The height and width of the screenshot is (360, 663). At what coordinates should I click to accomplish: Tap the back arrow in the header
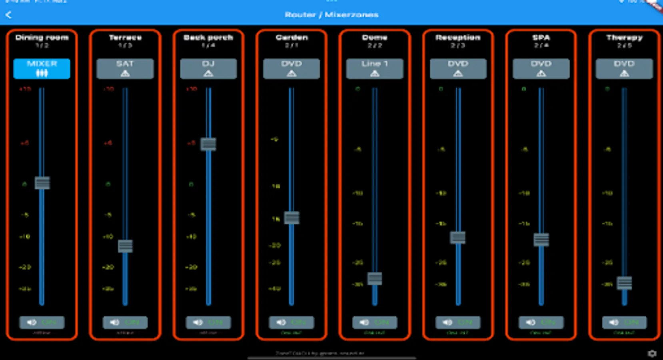pyautogui.click(x=8, y=15)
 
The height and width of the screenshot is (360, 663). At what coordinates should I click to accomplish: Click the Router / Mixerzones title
pyautogui.click(x=331, y=15)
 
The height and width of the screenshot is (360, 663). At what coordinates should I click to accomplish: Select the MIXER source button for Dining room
pyautogui.click(x=42, y=68)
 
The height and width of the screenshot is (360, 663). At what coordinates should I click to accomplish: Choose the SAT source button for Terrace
pyautogui.click(x=125, y=68)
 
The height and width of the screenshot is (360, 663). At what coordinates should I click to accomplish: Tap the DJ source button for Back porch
pyautogui.click(x=208, y=68)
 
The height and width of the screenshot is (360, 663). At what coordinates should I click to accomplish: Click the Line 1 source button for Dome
pyautogui.click(x=375, y=68)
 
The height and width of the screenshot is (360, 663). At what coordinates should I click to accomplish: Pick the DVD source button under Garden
pyautogui.click(x=292, y=68)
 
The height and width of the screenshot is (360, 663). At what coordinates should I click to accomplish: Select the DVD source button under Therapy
pyautogui.click(x=624, y=68)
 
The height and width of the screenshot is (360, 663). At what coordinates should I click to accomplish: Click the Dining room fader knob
pyautogui.click(x=42, y=183)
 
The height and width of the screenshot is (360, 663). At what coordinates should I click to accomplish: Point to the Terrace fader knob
pyautogui.click(x=125, y=246)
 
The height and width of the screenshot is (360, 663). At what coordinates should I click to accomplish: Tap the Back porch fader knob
pyautogui.click(x=208, y=144)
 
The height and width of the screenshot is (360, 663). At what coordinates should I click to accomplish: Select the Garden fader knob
pyautogui.click(x=292, y=218)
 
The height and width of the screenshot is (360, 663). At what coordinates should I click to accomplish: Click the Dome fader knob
pyautogui.click(x=375, y=278)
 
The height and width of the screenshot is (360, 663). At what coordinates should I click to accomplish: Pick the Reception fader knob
pyautogui.click(x=458, y=238)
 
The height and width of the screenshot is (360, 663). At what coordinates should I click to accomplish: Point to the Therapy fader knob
pyautogui.click(x=624, y=283)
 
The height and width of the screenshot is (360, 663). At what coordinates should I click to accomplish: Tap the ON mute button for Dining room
pyautogui.click(x=42, y=322)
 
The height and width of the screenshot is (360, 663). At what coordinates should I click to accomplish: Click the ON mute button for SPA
pyautogui.click(x=541, y=322)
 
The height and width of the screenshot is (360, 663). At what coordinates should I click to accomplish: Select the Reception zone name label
pyautogui.click(x=458, y=38)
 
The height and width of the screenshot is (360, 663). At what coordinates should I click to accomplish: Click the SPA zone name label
pyautogui.click(x=541, y=38)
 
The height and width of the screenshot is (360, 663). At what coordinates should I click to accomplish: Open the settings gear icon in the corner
pyautogui.click(x=652, y=354)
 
